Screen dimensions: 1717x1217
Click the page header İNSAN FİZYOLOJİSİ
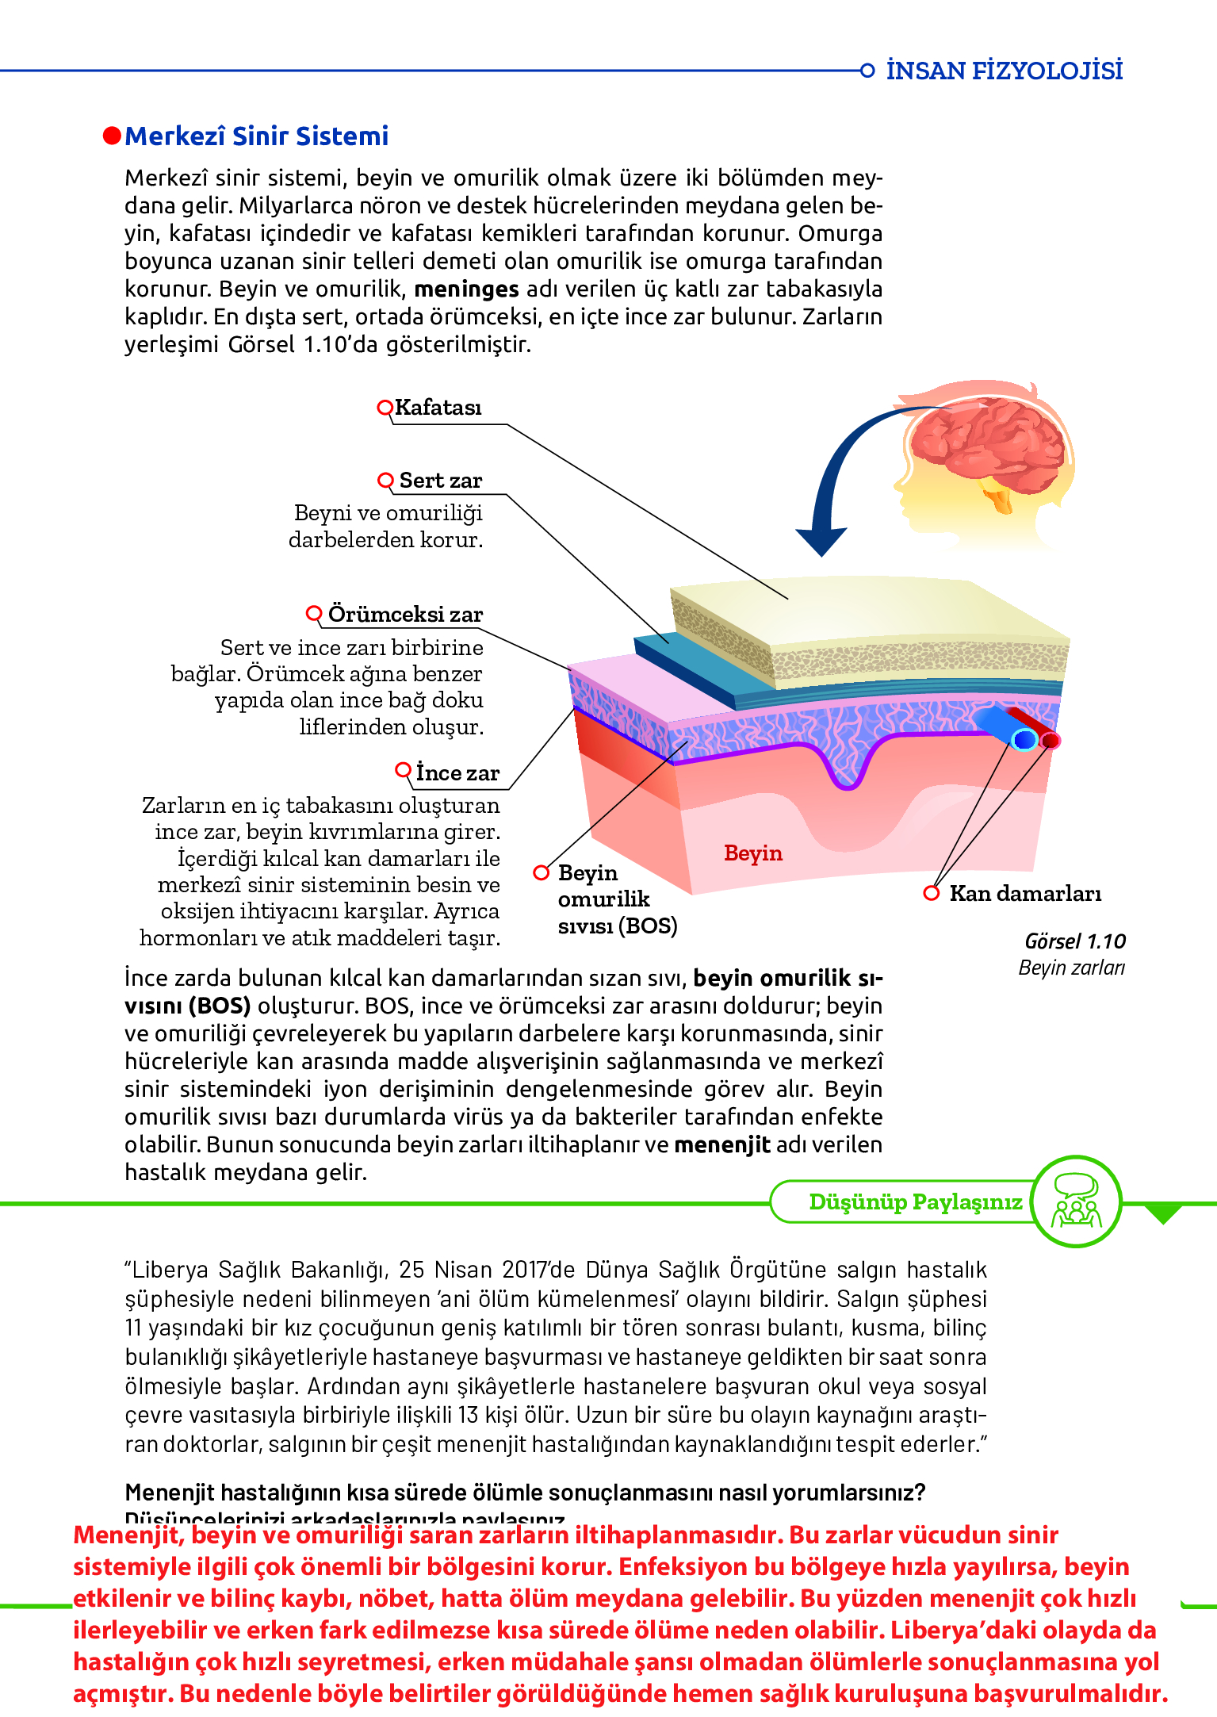(1004, 71)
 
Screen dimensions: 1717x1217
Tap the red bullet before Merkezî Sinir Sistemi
(112, 136)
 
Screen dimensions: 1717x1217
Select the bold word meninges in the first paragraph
(466, 289)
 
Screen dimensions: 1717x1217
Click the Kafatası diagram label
(438, 408)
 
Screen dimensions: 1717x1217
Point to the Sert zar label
(440, 481)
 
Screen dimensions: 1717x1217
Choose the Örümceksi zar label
(405, 615)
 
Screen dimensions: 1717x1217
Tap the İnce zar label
(457, 773)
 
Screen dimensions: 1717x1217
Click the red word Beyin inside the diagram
(752, 853)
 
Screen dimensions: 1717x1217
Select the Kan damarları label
(1025, 894)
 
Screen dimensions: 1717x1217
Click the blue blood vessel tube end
(1024, 740)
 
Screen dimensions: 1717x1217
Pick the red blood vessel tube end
(1051, 740)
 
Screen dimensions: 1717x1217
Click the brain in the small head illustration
(988, 444)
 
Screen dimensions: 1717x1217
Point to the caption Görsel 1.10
(1074, 941)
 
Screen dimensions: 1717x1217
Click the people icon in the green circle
(1076, 1202)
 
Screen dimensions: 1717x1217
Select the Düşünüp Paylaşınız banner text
(915, 1202)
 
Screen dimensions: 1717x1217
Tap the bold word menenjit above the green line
(721, 1145)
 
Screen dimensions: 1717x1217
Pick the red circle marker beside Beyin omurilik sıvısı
(542, 872)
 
